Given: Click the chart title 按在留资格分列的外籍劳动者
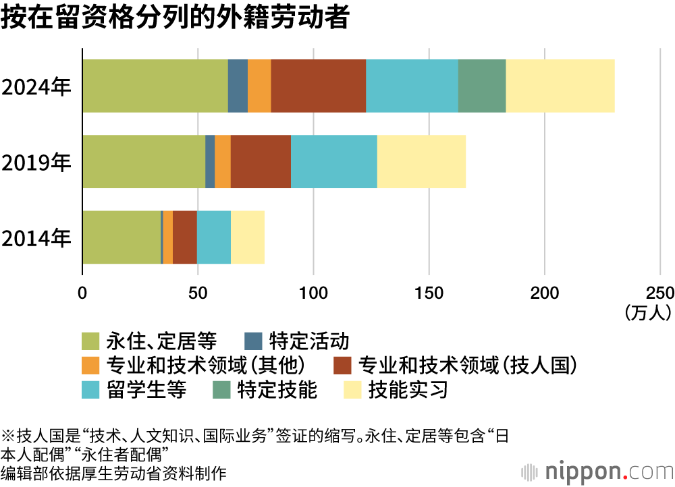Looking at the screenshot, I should click(x=175, y=18).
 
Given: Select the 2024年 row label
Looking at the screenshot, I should click(x=36, y=87).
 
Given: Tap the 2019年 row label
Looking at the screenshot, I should click(x=36, y=163).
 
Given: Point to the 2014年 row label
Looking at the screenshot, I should click(x=36, y=238).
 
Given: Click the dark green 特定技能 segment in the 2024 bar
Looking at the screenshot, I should click(x=482, y=86).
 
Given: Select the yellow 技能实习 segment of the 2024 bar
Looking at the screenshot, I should click(x=560, y=86).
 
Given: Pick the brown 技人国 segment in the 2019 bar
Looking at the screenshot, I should click(x=261, y=162).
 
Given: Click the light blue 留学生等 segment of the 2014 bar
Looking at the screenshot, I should click(x=213, y=237).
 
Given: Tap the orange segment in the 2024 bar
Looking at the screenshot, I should click(x=259, y=86).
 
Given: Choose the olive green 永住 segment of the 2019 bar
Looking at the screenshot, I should click(x=144, y=162).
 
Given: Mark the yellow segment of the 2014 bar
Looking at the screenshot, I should click(x=248, y=237).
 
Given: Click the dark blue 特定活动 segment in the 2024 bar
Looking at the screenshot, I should click(x=238, y=86).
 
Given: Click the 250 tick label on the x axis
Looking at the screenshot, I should click(x=660, y=293).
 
